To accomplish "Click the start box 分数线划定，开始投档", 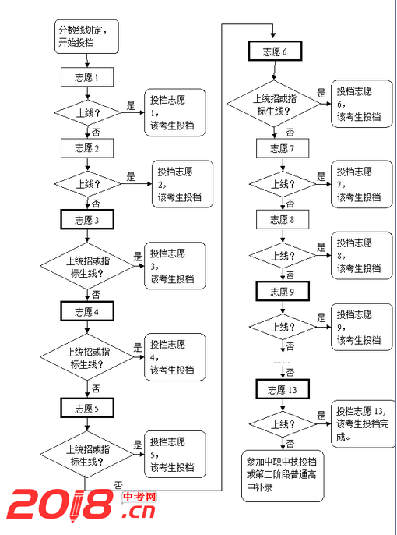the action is [86, 37].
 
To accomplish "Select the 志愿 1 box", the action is [87, 77].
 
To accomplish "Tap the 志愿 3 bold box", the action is [87, 220].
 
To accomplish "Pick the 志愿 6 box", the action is [275, 51].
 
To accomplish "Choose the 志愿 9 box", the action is [283, 292].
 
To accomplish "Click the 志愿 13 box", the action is [283, 389].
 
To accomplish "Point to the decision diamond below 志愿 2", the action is [88, 184].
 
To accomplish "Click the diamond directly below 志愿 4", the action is [87, 357].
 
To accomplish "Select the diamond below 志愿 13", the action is [283, 424].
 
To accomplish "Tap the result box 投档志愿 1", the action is [175, 112].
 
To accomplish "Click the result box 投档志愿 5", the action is [175, 454].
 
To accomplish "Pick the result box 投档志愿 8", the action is [362, 256].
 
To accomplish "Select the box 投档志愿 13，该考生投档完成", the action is [362, 423].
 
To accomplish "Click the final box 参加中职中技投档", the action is [283, 476].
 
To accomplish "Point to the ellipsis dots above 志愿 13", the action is [282, 363].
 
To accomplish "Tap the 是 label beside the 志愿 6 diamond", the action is [321, 93].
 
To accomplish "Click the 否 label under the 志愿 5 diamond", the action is [118, 485].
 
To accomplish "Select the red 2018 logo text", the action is [60, 505].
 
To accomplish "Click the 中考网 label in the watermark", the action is [139, 497].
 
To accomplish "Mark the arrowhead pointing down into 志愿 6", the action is [273, 36].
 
